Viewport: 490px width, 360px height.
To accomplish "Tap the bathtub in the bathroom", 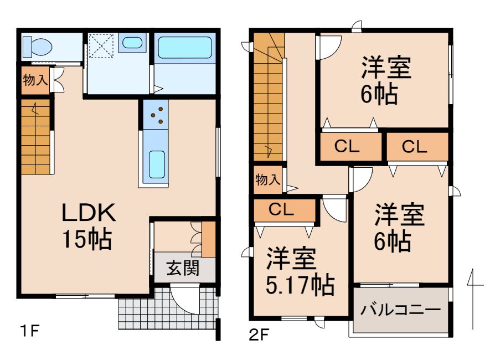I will click(184, 49).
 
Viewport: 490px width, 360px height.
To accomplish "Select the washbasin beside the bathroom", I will click(131, 43).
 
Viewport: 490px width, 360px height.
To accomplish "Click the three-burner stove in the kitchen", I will click(156, 115).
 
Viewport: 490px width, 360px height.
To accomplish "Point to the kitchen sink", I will click(157, 164).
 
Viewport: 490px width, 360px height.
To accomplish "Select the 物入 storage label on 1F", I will click(35, 80).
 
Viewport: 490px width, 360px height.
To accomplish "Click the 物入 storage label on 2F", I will click(267, 179).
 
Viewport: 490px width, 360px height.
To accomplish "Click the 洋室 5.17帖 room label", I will click(299, 272).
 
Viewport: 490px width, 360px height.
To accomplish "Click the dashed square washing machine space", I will click(101, 45).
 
